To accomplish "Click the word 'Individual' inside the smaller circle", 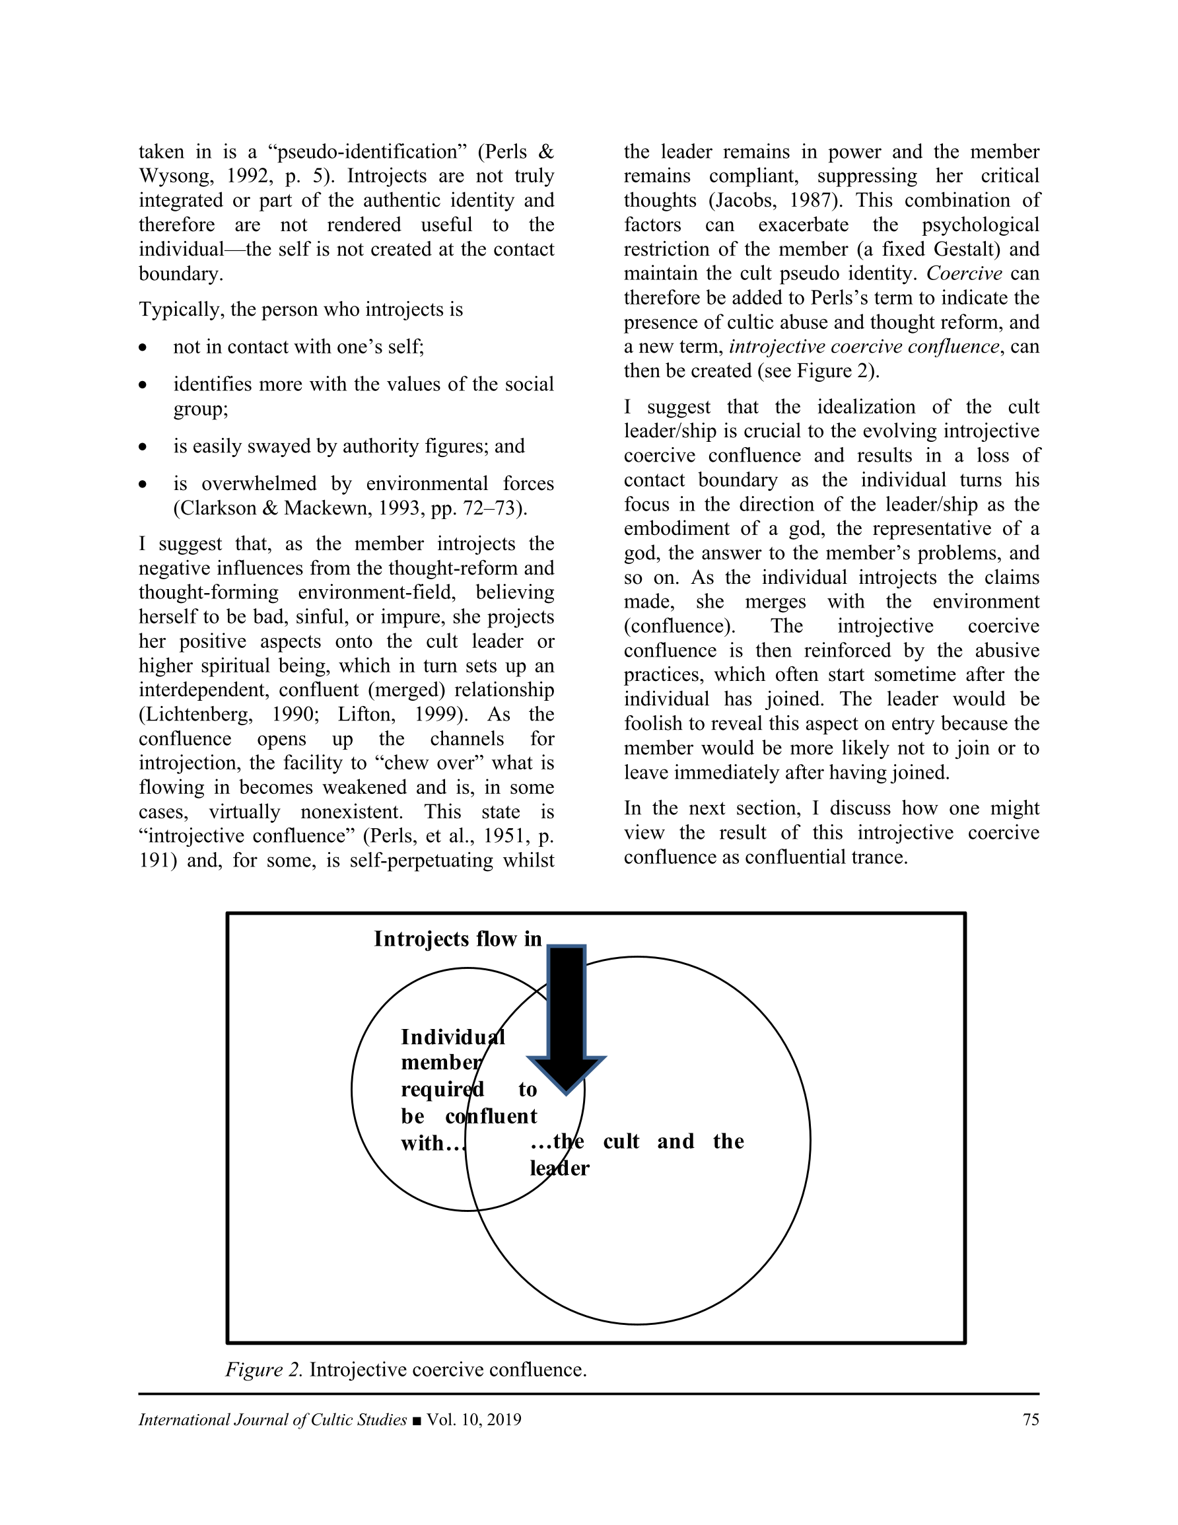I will pos(452,1037).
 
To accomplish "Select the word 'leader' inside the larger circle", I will pos(559,1168).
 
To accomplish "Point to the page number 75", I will pos(1031,1419).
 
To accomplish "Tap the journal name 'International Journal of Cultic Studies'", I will pos(272,1419).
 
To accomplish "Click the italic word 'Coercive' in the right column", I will pos(963,273).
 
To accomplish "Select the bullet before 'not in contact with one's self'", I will pos(143,347).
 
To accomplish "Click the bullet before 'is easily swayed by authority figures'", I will pos(143,447).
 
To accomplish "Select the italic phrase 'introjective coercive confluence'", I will pos(864,347).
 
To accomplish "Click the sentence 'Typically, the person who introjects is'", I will pos(300,309).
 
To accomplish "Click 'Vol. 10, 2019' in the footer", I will pos(474,1419).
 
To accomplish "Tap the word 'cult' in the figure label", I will pos(621,1141).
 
